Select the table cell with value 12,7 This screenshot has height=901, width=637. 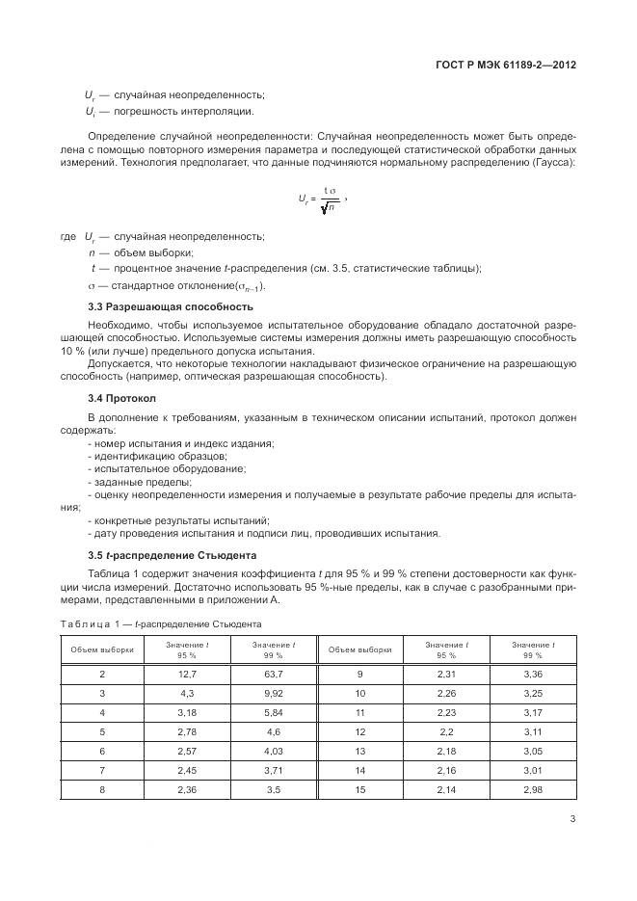point(188,674)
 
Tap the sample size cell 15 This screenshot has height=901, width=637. point(359,790)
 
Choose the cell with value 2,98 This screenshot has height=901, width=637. point(533,790)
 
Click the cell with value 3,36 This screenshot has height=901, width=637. point(533,674)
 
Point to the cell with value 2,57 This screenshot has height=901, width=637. point(188,752)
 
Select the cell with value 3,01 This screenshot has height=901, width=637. point(533,771)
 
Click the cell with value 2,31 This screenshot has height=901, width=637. point(446,674)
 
